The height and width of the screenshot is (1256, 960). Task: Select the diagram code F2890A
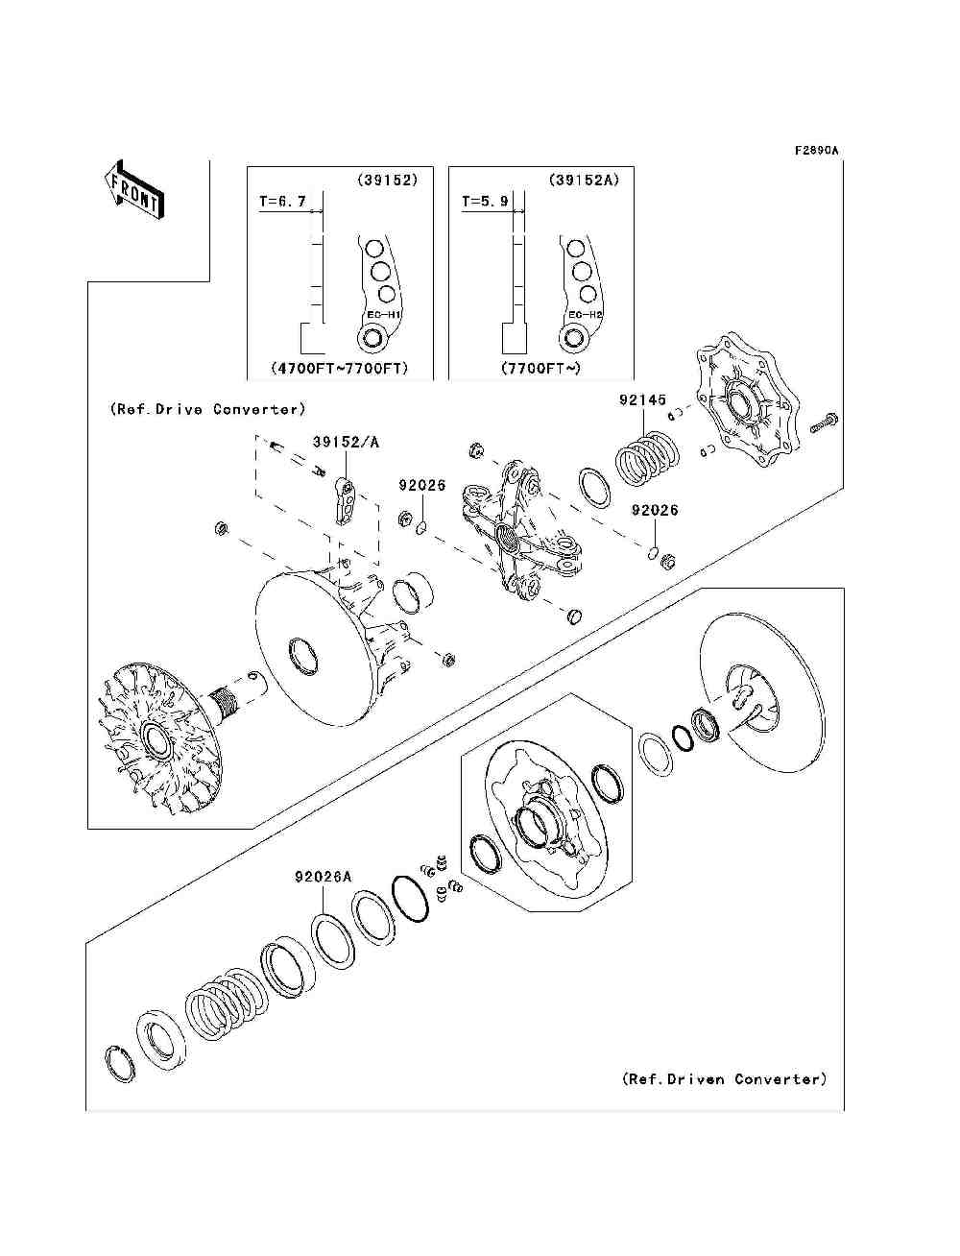tap(816, 151)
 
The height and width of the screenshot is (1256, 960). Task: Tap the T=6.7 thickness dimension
tap(282, 202)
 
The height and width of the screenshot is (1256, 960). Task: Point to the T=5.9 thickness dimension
tap(484, 202)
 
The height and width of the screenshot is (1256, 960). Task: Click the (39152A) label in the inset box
tap(584, 180)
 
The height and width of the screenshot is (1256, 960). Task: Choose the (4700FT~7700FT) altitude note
tap(340, 368)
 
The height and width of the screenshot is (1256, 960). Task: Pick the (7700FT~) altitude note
tap(540, 368)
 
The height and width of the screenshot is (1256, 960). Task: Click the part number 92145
tap(642, 399)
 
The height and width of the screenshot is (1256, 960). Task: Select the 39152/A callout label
tap(346, 442)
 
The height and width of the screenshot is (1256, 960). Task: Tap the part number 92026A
tap(323, 877)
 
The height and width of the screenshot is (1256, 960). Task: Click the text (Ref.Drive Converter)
tap(207, 409)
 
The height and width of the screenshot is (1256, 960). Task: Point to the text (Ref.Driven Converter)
tap(724, 1079)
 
